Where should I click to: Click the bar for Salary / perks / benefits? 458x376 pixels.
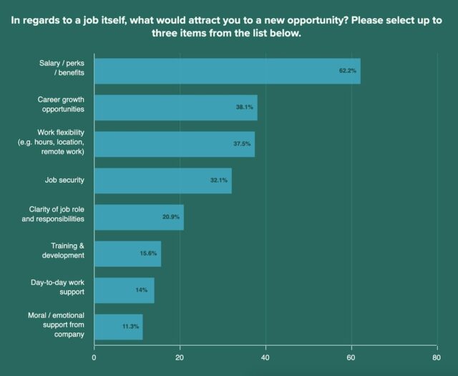point(227,71)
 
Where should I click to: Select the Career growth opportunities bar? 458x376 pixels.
point(175,107)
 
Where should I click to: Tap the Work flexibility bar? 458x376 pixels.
point(174,143)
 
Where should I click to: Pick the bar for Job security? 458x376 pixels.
point(162,180)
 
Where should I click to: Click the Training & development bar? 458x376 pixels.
point(127,254)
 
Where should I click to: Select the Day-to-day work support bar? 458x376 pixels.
point(124,290)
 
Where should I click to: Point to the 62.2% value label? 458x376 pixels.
point(349,71)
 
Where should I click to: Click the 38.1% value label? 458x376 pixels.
point(245,107)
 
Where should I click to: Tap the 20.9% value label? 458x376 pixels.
point(172,217)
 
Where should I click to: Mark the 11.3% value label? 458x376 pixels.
point(131,327)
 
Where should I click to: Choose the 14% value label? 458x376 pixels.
point(142,290)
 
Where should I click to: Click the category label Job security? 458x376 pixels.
point(60,180)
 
